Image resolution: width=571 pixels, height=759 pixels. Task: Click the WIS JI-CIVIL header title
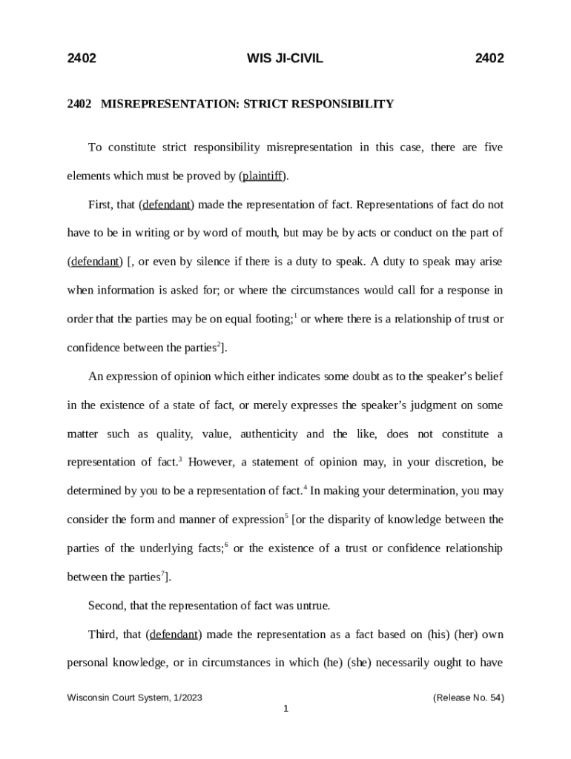[x=285, y=59]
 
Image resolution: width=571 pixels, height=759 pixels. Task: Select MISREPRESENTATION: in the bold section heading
[x=168, y=105]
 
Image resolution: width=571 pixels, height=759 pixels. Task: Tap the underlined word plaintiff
[x=263, y=176]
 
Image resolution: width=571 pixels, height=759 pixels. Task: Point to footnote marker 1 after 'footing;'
[x=296, y=316]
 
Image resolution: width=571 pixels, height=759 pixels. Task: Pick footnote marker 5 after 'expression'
[x=287, y=516]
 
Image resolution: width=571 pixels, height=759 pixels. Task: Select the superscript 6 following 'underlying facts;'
[x=226, y=545]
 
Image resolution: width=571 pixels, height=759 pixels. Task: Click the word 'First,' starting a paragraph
[x=102, y=205]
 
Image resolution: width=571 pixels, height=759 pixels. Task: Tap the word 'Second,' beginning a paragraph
[x=108, y=606]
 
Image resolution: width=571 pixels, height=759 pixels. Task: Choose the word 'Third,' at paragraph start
[x=104, y=634]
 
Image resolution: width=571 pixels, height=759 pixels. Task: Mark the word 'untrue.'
[x=311, y=606]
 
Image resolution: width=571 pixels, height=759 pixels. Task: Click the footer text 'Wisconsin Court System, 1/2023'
[x=135, y=697]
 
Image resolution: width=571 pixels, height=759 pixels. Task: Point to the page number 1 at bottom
[x=285, y=709]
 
